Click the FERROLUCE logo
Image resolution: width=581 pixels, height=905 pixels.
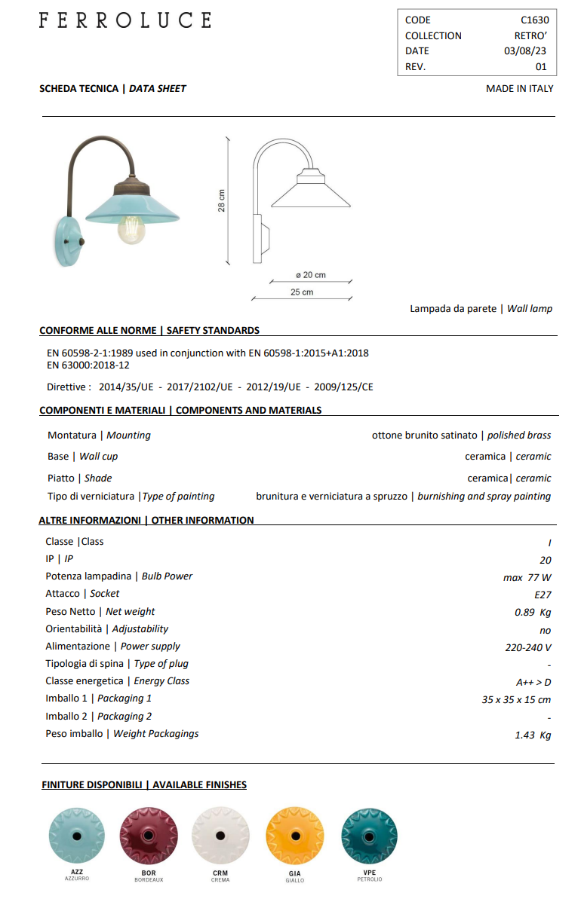[125, 20]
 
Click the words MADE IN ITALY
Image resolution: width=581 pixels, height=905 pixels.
[519, 89]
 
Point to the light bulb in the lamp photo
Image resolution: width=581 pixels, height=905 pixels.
[131, 227]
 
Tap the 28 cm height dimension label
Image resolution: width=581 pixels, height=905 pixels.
[222, 200]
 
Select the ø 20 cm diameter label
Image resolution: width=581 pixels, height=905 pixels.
[310, 275]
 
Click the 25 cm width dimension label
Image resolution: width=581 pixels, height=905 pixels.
[302, 292]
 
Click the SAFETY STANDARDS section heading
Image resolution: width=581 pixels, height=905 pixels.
[213, 331]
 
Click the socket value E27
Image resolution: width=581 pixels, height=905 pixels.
[542, 595]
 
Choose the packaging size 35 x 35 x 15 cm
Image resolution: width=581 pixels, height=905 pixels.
[516, 700]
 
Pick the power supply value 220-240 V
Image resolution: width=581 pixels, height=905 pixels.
[527, 647]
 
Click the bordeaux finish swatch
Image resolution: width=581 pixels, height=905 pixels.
[149, 836]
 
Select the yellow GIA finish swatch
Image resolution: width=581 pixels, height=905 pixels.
[295, 836]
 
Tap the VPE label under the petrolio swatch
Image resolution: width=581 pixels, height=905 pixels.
[369, 873]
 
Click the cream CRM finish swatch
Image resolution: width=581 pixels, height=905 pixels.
[220, 836]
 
